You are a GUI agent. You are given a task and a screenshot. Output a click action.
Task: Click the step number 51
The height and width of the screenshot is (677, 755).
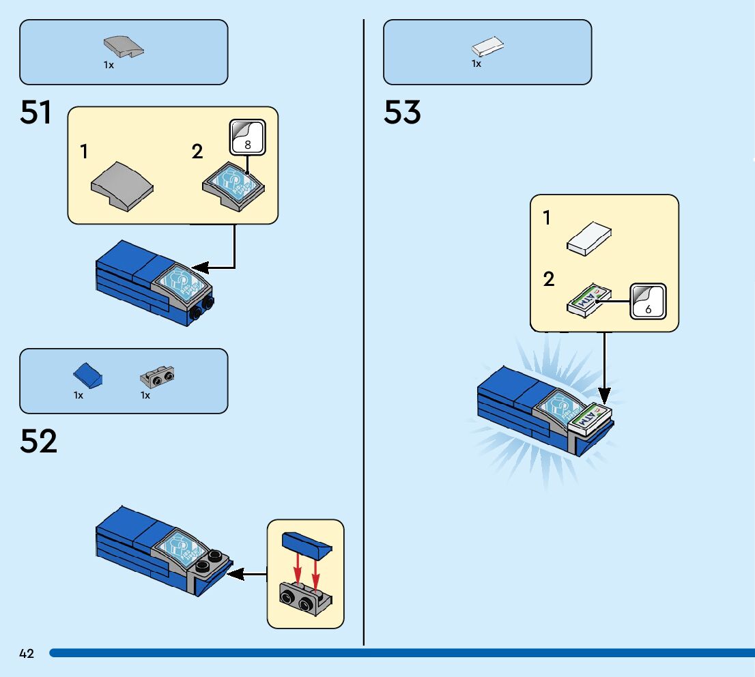36,113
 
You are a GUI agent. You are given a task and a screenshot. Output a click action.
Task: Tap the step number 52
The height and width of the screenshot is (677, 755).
38,442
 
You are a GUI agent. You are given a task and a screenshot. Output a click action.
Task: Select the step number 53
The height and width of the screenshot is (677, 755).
402,113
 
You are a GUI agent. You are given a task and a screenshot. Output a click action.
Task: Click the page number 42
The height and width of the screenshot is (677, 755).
27,654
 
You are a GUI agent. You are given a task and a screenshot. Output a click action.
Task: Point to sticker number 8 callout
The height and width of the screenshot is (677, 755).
247,136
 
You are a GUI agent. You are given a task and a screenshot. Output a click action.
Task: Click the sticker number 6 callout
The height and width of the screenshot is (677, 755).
647,301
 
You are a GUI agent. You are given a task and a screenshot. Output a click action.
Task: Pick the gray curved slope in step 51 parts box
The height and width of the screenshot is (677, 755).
124,48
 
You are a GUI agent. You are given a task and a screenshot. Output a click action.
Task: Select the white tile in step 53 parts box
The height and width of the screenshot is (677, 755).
487,47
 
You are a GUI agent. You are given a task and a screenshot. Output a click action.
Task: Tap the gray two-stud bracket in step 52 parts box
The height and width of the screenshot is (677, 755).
157,375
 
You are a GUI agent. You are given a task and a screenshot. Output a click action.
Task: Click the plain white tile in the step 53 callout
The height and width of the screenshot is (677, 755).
588,239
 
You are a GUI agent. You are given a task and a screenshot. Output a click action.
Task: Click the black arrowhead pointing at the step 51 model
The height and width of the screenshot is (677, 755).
199,267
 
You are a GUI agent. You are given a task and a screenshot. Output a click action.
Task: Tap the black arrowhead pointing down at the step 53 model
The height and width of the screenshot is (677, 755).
604,396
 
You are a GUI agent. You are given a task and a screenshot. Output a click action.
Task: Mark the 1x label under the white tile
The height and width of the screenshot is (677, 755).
476,63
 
